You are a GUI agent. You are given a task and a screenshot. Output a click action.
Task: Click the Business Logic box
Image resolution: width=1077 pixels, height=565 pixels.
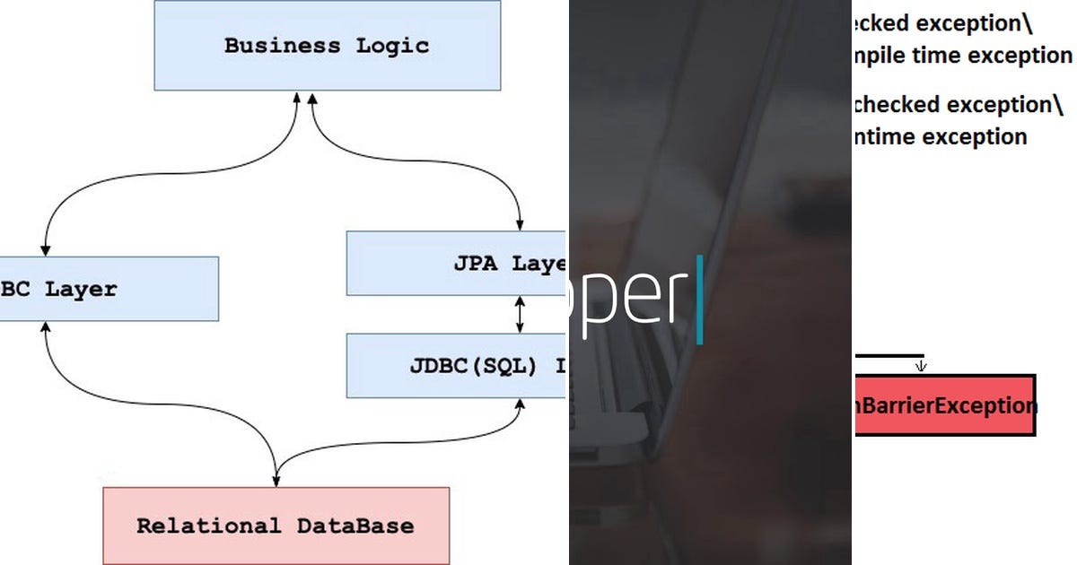327,45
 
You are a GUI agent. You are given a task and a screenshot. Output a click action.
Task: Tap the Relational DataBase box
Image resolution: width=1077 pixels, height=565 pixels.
276,526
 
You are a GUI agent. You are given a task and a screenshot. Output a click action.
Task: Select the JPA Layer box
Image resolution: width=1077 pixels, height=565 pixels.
456,263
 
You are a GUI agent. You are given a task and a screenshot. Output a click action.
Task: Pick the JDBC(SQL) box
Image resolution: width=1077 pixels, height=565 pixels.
456,365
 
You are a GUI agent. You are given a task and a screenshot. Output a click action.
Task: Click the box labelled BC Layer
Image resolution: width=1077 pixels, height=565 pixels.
108,289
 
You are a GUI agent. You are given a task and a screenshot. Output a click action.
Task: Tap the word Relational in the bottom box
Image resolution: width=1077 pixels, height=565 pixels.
208,526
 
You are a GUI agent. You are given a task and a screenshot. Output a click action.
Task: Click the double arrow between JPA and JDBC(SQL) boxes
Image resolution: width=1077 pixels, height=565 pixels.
520,314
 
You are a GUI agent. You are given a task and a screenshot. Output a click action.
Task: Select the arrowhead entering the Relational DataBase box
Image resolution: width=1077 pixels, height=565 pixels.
276,481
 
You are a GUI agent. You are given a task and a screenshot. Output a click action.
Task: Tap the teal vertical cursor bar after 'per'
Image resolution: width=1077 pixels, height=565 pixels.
700,300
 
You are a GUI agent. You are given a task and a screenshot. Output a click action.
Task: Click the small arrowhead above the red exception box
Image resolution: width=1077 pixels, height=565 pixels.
921,366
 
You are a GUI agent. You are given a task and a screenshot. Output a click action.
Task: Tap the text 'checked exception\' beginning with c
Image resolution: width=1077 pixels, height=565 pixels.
956,104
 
